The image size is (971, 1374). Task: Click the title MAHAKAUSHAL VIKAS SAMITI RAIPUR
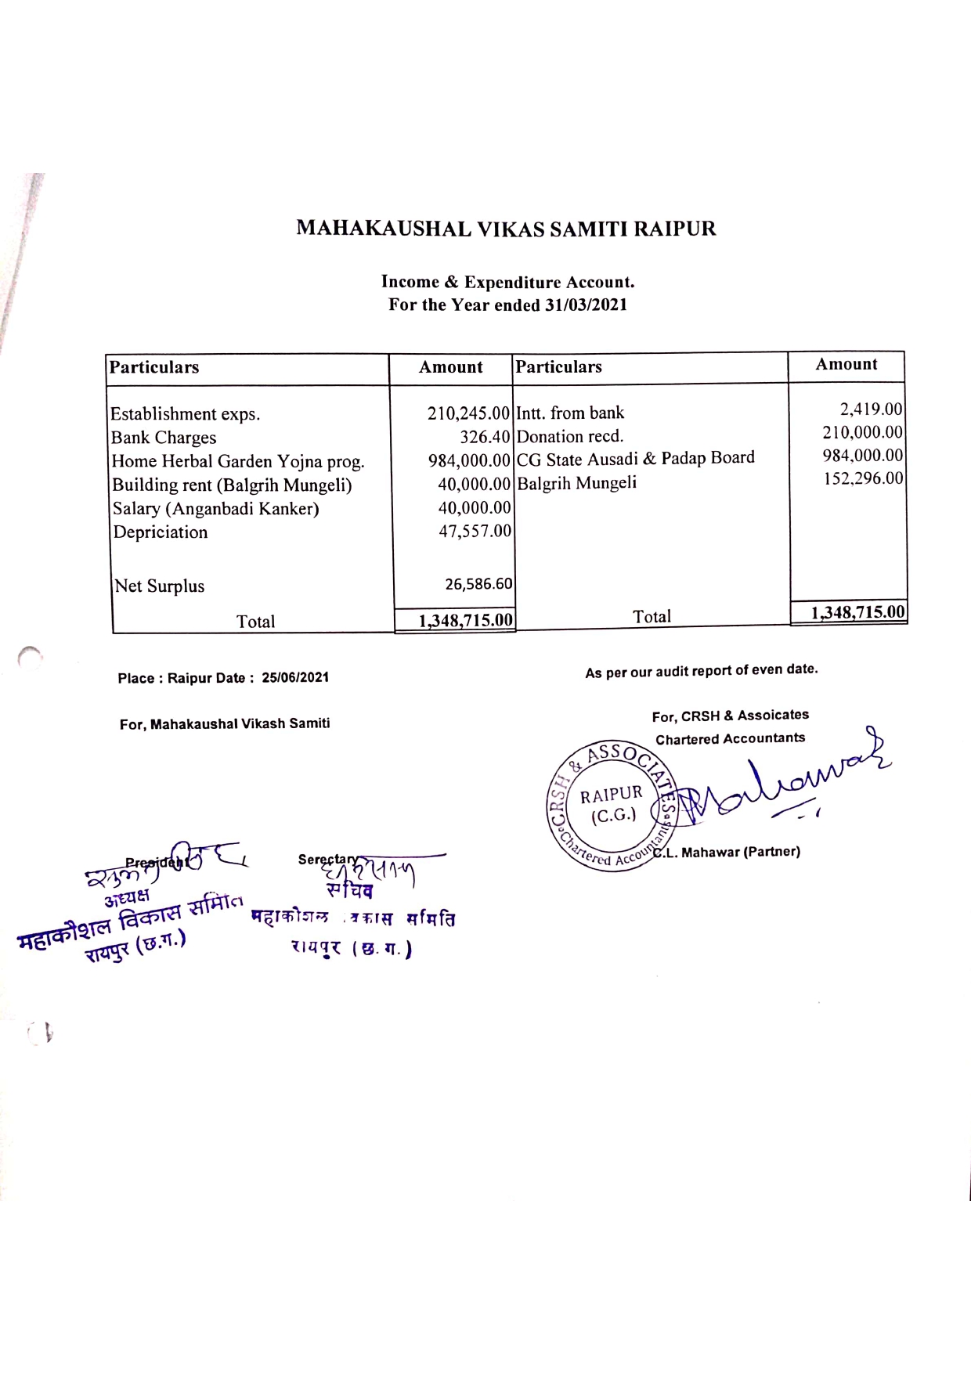(506, 229)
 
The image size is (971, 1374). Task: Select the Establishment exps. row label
(185, 414)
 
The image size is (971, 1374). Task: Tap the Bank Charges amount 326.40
(485, 437)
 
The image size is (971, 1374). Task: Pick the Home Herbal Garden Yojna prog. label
(238, 461)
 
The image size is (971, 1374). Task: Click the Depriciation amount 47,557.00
(475, 531)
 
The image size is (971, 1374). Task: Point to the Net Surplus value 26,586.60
(478, 584)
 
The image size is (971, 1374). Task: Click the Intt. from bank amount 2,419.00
(871, 409)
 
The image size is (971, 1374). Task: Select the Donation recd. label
(570, 436)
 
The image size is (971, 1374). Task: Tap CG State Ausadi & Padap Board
(635, 458)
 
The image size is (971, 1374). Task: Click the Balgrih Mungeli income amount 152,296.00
(863, 478)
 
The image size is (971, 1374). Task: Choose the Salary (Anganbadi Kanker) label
(215, 508)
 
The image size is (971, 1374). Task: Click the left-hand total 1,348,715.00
(465, 621)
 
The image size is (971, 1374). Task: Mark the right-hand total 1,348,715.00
(857, 612)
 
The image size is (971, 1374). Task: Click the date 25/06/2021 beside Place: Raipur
(295, 677)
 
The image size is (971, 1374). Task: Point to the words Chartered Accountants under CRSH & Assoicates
(730, 738)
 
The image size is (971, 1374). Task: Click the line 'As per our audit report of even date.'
(701, 671)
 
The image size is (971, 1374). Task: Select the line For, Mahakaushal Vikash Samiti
(225, 723)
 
